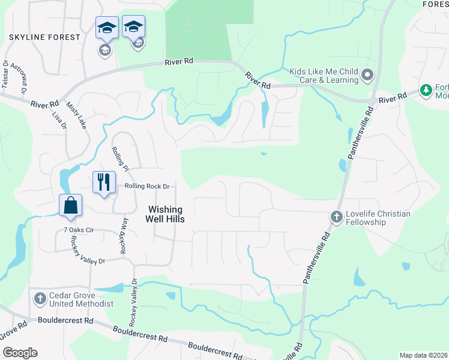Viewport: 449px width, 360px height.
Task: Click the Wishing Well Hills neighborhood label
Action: point(166,214)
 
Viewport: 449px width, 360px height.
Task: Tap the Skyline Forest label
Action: point(44,37)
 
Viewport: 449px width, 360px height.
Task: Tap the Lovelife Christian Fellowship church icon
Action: point(336,215)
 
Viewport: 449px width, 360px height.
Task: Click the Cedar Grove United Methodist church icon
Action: point(40,298)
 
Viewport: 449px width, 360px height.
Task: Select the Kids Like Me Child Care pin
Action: point(367,76)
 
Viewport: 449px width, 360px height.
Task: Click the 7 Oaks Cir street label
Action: point(79,230)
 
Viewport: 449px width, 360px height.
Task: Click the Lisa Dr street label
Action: point(58,112)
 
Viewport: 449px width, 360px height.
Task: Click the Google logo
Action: point(20,353)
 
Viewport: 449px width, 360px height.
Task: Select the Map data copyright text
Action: point(423,355)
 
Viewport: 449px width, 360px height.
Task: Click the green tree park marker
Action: point(426,91)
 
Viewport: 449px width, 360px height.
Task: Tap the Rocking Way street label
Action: point(124,235)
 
